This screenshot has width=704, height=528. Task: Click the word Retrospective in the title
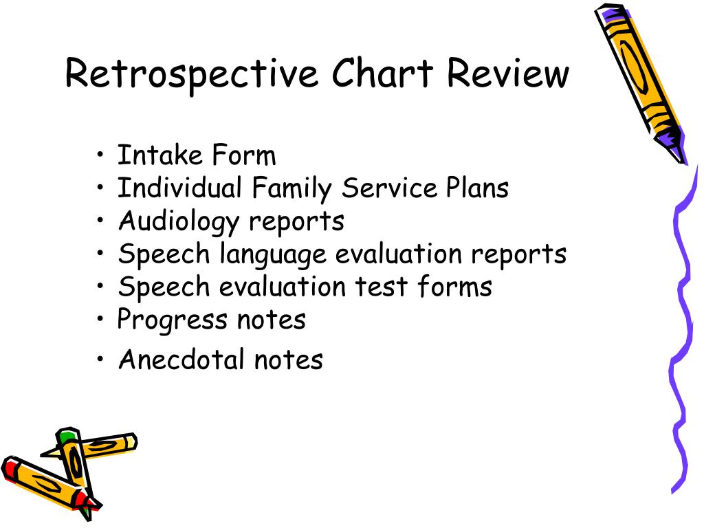coord(192,74)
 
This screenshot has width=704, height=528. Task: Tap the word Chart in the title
coord(382,72)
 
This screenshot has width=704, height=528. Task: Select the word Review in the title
coord(508,72)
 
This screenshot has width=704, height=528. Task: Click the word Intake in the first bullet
coord(159,155)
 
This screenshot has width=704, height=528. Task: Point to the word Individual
coord(179,187)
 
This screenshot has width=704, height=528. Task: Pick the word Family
coord(291,189)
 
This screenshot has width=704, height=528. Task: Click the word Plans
coord(477,187)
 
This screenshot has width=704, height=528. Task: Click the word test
coord(382,287)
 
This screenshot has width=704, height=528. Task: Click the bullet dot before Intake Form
coord(100,155)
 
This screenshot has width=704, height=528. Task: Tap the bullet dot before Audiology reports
coord(100,221)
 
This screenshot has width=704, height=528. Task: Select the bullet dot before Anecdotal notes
coord(100,359)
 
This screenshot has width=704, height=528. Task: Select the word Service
coord(389,187)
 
